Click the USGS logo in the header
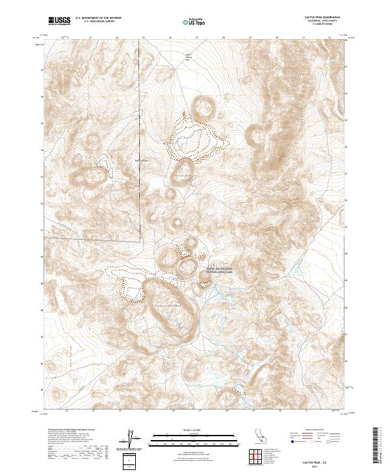60,21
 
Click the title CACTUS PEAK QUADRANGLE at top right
320,16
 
